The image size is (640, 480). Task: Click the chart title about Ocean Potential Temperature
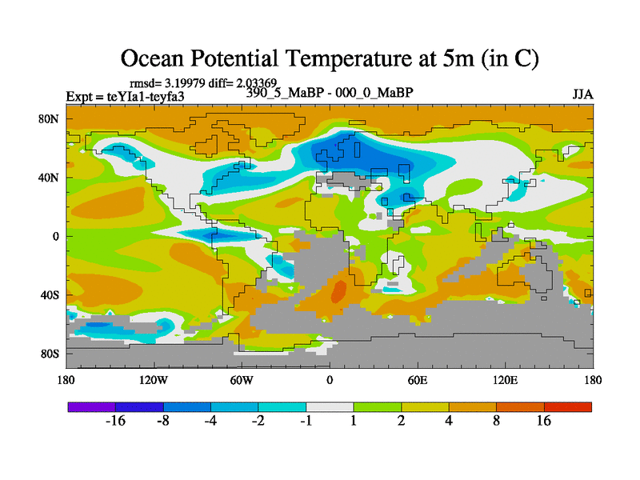pyautogui.click(x=329, y=58)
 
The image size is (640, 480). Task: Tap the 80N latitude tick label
pyautogui.click(x=50, y=119)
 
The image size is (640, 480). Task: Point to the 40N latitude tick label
pyautogui.click(x=50, y=178)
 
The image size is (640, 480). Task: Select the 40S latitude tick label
pyautogui.click(x=50, y=295)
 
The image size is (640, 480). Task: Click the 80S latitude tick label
pyautogui.click(x=50, y=354)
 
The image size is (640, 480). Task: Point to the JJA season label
pyautogui.click(x=582, y=94)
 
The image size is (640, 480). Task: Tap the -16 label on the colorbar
pyautogui.click(x=116, y=422)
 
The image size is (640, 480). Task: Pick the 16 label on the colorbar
pyautogui.click(x=544, y=422)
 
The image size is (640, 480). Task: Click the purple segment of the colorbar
pyautogui.click(x=92, y=406)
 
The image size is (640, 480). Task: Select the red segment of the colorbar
pyautogui.click(x=568, y=406)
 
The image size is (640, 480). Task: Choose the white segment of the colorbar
pyautogui.click(x=330, y=406)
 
